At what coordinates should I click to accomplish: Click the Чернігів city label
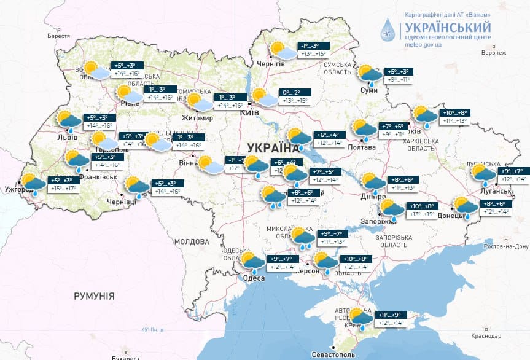271,64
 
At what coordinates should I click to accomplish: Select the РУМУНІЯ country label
94,296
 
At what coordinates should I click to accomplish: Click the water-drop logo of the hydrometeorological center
388,29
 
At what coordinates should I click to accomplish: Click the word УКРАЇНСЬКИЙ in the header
447,27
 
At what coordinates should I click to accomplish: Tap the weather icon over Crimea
360,318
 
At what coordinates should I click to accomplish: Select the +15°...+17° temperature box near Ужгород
64,189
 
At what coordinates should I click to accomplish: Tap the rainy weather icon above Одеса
253,263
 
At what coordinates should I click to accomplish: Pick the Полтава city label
362,147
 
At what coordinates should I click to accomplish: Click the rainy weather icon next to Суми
370,76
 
